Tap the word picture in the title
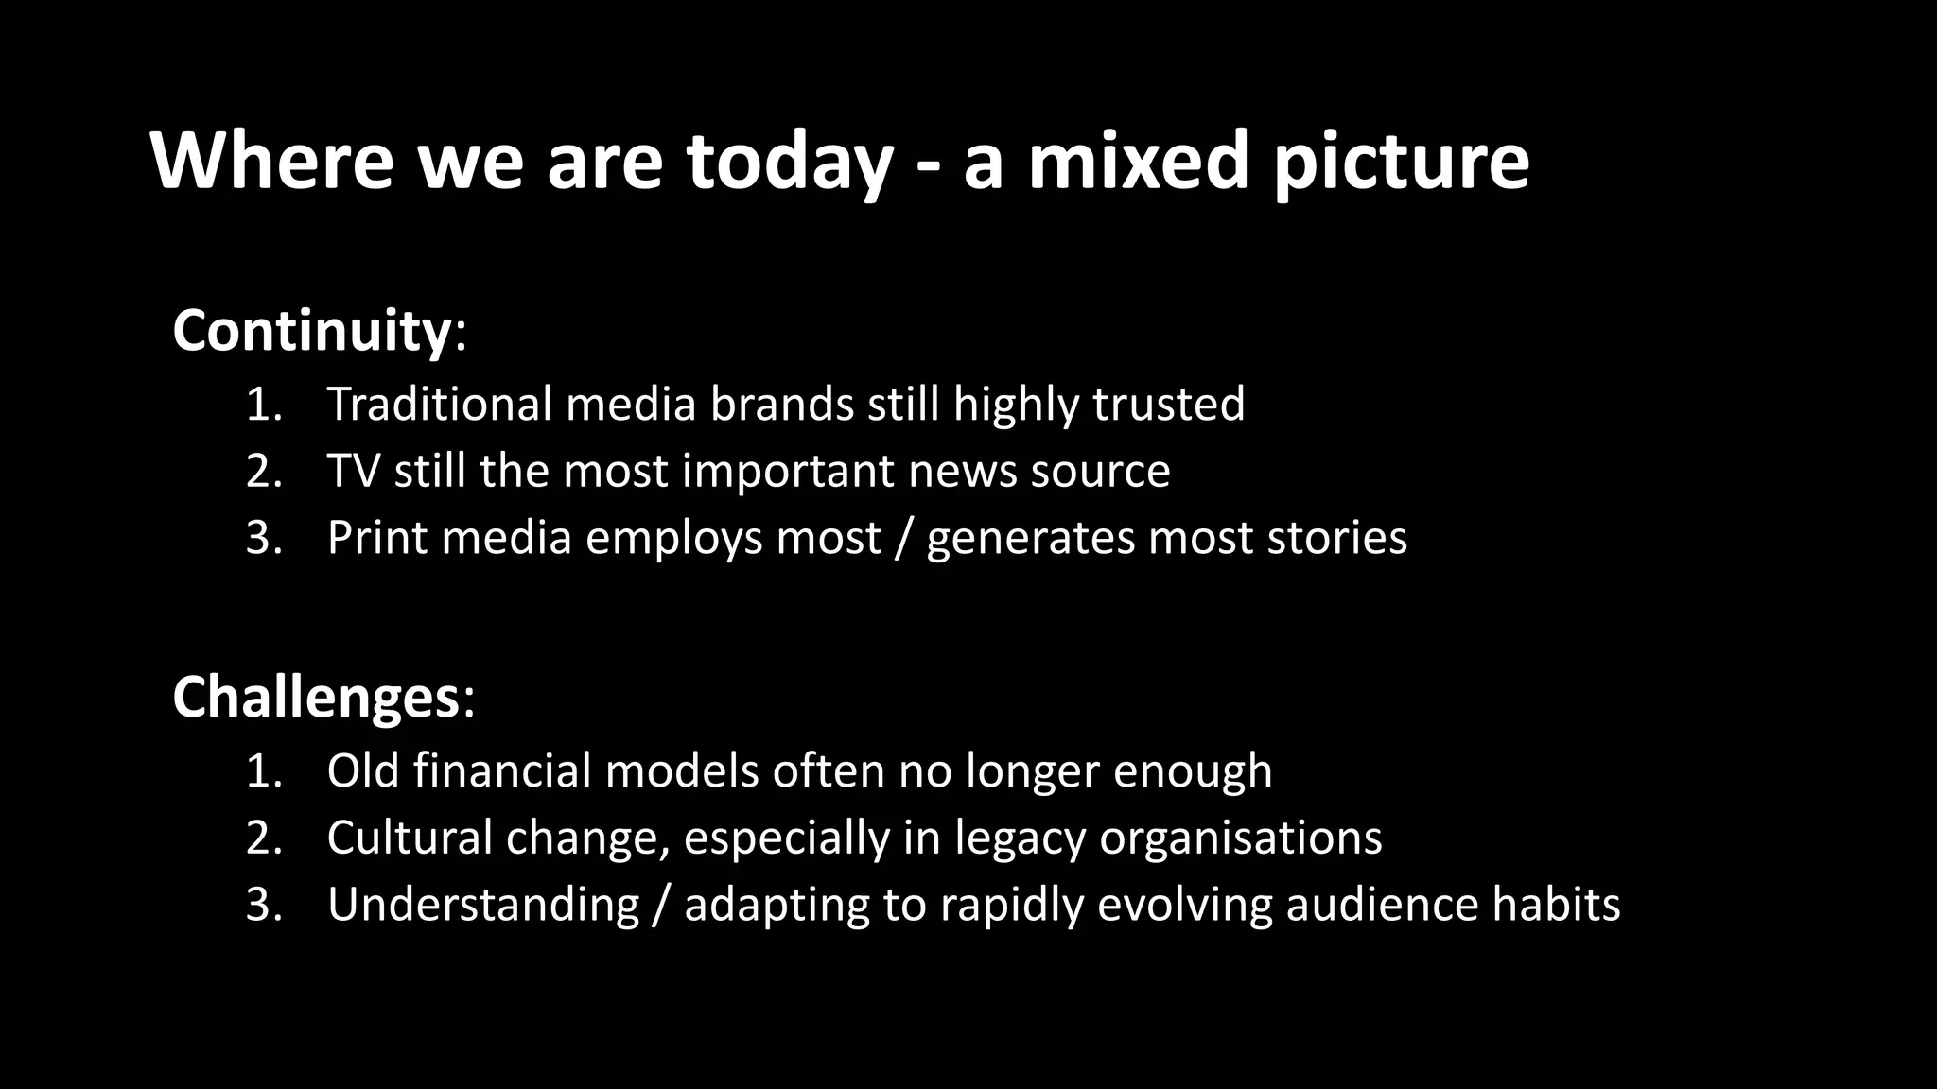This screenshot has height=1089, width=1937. tap(1401, 163)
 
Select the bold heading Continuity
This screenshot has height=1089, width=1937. tap(312, 330)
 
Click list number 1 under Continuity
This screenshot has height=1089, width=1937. tap(264, 404)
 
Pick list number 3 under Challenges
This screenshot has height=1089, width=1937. tap(264, 904)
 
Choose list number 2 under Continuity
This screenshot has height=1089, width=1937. tap(264, 471)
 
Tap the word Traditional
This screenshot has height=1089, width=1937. tap(439, 404)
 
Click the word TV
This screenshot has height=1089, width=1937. tap(353, 471)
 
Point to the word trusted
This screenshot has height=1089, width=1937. tap(1169, 404)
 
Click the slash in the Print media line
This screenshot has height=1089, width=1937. tap(903, 538)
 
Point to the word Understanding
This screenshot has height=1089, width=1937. tap(483, 905)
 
